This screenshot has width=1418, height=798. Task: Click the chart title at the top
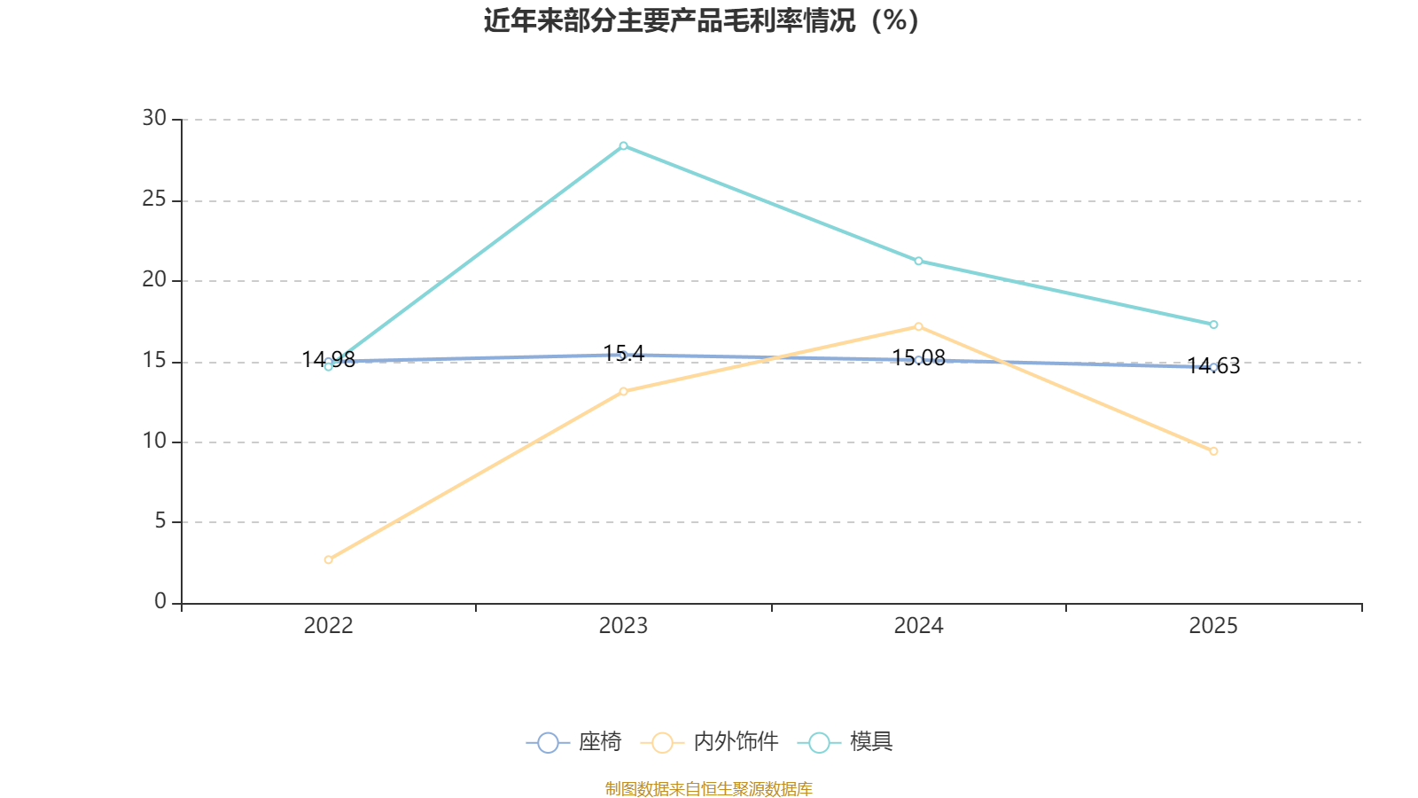click(701, 21)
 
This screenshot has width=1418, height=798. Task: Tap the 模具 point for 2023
click(624, 146)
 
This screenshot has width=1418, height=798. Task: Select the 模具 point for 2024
click(918, 261)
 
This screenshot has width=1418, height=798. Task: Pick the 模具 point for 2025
click(1213, 325)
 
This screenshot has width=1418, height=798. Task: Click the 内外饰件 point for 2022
click(328, 559)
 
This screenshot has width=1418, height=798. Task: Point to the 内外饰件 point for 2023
click(624, 391)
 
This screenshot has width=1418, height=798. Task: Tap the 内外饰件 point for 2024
click(918, 327)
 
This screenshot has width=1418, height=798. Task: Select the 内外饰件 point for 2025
click(1213, 451)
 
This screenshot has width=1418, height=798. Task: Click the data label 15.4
click(624, 354)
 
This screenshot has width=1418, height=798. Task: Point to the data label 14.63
click(1213, 366)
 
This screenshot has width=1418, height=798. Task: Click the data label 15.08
click(918, 358)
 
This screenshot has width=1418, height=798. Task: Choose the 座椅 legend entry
click(574, 742)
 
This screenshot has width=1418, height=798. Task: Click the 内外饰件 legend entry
click(710, 742)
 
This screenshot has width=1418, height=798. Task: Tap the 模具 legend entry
click(845, 742)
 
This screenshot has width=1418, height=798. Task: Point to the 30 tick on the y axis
click(154, 119)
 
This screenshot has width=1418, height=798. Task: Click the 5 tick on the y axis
click(160, 522)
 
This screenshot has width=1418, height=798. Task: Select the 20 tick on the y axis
click(154, 280)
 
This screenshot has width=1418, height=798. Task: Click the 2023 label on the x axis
click(624, 626)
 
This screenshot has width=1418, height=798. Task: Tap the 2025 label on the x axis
click(1213, 626)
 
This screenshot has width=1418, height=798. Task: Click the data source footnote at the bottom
click(709, 788)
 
